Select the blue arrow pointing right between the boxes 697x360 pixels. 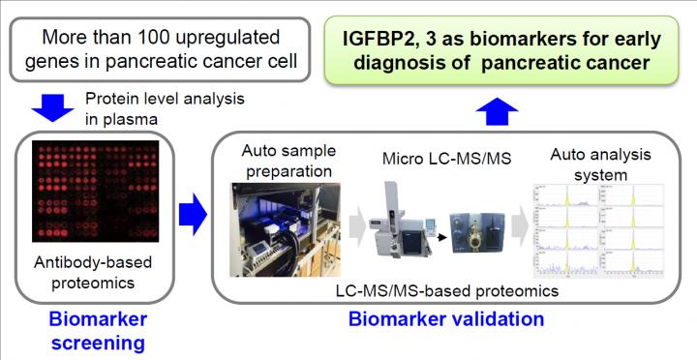pos(194,210)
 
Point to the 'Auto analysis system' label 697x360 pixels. pos(594,165)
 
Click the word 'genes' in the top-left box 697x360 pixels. pos(70,68)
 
